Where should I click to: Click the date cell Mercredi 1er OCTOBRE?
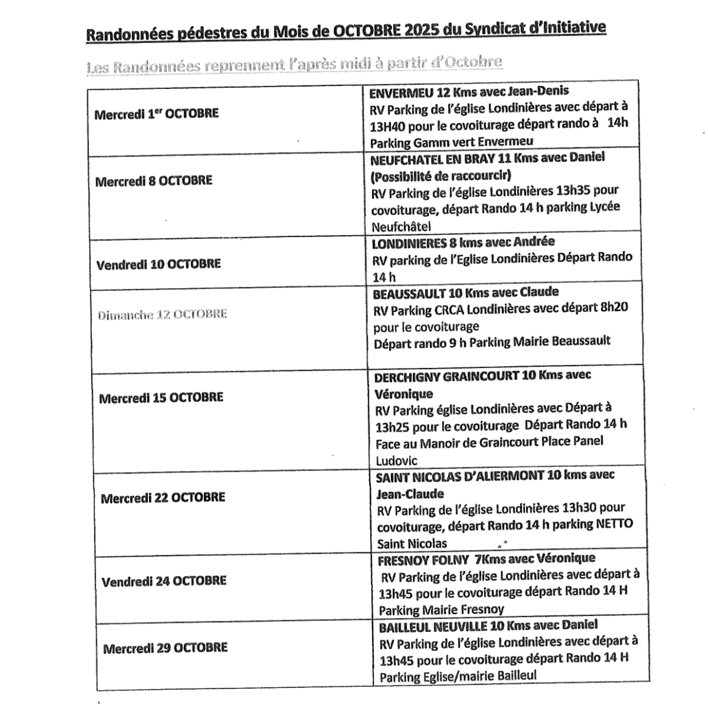tap(156, 114)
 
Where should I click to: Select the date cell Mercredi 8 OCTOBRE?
tap(153, 181)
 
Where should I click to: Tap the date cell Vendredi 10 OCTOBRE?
tap(159, 264)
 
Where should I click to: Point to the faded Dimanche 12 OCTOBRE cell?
tap(162, 315)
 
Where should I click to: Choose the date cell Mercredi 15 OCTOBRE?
tap(161, 398)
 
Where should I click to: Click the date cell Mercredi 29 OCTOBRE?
tap(165, 648)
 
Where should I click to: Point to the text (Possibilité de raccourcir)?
tap(441, 175)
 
